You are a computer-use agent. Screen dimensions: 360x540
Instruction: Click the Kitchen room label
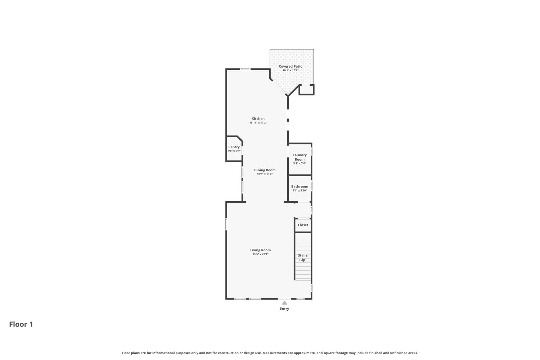coord(258,118)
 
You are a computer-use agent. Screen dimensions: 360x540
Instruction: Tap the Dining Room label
coord(265,170)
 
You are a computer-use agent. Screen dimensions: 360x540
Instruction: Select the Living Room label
coord(260,250)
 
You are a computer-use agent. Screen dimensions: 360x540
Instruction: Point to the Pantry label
coord(234,147)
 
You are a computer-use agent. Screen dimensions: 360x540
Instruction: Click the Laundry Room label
coord(300,157)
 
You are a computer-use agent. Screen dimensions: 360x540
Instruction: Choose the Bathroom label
coord(300,186)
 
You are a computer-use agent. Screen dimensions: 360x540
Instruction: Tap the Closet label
coord(303,225)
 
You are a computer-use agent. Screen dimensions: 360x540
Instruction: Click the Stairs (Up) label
coord(303,257)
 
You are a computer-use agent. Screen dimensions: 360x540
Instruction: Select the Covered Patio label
coord(291,66)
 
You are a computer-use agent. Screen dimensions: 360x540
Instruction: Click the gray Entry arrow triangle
coord(284,303)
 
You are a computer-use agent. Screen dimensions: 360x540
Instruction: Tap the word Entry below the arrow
coord(284,309)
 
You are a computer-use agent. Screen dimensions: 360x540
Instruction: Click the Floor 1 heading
coord(21,324)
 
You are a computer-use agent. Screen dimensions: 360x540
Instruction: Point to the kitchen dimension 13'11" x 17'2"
coord(258,123)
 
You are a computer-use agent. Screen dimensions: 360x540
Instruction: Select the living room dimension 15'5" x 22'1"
coord(260,254)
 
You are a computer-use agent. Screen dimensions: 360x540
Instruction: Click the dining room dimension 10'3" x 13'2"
coord(265,174)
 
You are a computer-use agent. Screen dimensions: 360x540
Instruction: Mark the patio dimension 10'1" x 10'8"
coord(291,71)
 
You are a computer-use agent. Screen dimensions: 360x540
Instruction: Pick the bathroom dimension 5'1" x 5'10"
coord(300,190)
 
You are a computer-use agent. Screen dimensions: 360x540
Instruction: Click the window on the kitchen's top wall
coord(246,69)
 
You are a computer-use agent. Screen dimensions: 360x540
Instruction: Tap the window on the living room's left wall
coord(226,224)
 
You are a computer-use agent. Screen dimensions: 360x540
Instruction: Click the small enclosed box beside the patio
coord(306,90)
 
